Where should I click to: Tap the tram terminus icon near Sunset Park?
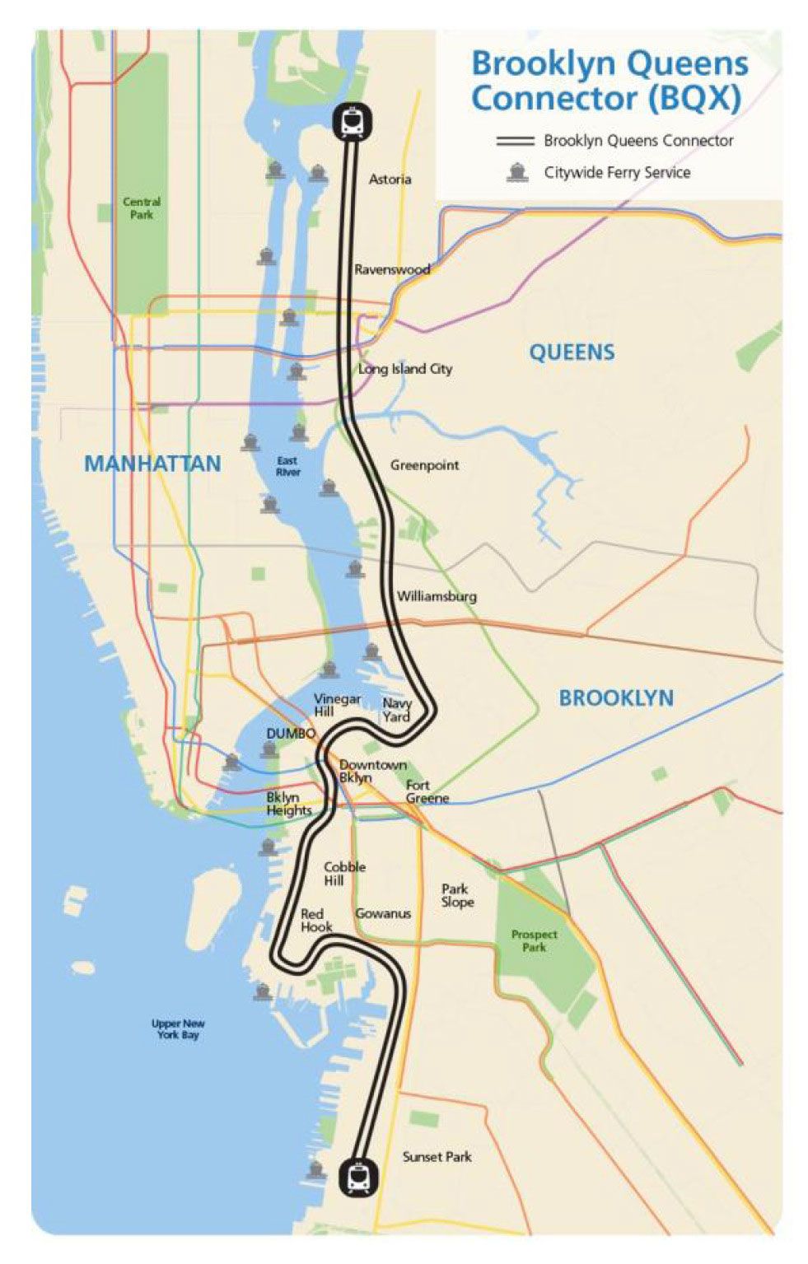tap(359, 1178)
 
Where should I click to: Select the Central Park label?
tap(142, 208)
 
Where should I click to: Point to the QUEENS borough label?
tap(572, 352)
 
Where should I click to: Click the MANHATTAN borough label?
tap(152, 464)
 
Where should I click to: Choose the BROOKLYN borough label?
tap(616, 697)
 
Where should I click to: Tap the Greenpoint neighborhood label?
tap(424, 465)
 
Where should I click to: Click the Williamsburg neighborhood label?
tap(437, 596)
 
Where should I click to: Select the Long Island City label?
tap(405, 369)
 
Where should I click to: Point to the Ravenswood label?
tap(392, 269)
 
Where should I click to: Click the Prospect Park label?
tap(534, 940)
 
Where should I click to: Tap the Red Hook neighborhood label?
tap(315, 920)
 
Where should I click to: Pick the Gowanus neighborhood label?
tap(383, 913)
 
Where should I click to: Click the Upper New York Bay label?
tap(178, 1028)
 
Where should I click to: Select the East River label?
tap(287, 466)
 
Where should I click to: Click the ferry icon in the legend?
tap(517, 172)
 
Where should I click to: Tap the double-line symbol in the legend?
tap(516, 141)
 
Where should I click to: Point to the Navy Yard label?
tap(397, 710)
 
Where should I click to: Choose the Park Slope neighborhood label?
tap(457, 895)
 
